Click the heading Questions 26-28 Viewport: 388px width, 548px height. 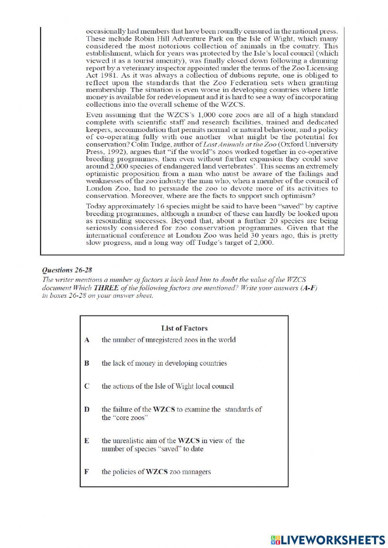(x=67, y=270)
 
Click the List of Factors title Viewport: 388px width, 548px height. (x=184, y=328)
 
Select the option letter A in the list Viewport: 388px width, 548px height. (x=87, y=340)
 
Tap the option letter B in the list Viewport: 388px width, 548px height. (x=87, y=363)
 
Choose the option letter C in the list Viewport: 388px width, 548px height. (x=87, y=386)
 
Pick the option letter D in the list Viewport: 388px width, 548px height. (x=87, y=410)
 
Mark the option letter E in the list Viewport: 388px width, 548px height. (x=87, y=441)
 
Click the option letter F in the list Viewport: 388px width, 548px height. (x=87, y=472)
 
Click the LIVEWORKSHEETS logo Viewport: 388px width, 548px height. (x=328, y=540)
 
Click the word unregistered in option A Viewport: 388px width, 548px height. (x=163, y=340)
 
